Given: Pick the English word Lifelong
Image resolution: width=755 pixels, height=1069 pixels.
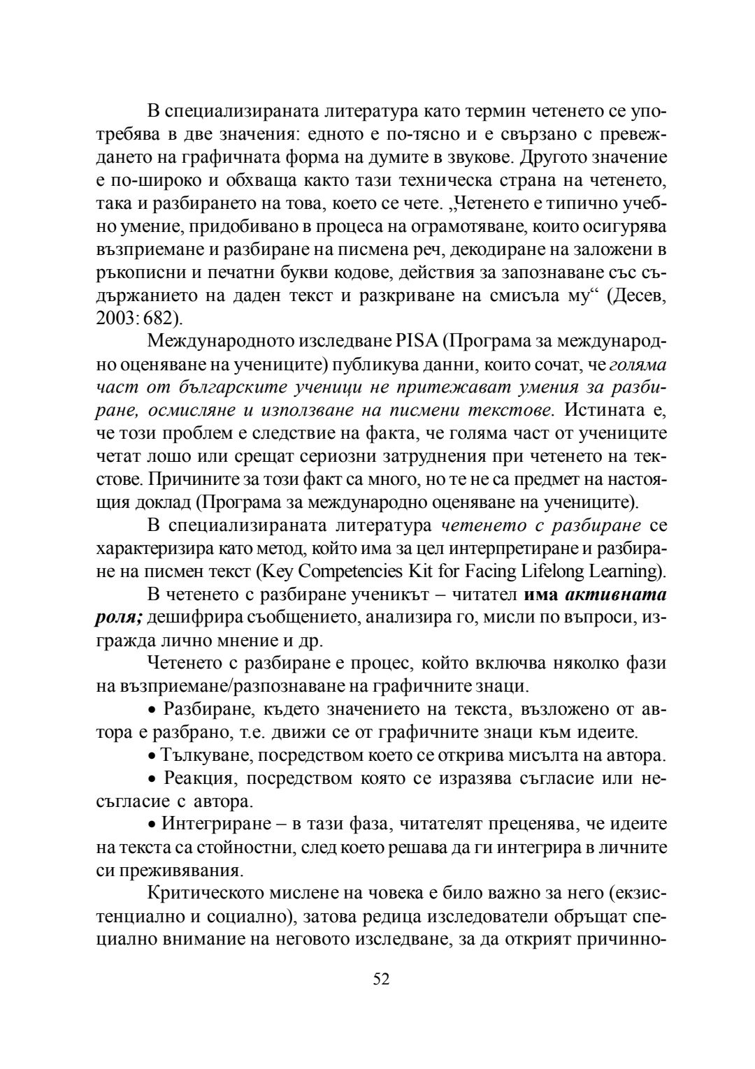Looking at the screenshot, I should click(x=552, y=571).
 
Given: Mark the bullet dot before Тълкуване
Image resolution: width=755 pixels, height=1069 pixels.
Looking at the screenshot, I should click(x=152, y=756).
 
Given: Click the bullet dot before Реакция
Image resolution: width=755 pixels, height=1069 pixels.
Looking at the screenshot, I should click(x=152, y=778).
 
